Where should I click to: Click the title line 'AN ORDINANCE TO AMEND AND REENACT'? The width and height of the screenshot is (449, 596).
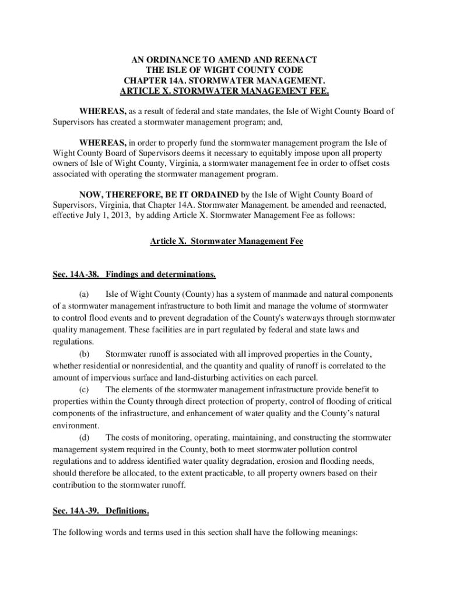[224, 60]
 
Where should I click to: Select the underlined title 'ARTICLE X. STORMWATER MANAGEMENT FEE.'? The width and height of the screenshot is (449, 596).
[224, 91]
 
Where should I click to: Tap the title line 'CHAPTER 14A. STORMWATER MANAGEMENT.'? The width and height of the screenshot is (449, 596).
[224, 81]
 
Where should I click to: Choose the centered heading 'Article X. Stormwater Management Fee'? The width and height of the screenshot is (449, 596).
[226, 241]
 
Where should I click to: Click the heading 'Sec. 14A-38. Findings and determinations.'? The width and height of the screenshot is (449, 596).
[135, 274]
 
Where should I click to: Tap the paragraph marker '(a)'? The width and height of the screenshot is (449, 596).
[85, 294]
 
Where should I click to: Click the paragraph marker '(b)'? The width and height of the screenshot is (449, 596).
[85, 354]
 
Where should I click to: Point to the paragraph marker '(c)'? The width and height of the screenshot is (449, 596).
[85, 389]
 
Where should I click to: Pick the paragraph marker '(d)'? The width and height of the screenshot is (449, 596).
[85, 437]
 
